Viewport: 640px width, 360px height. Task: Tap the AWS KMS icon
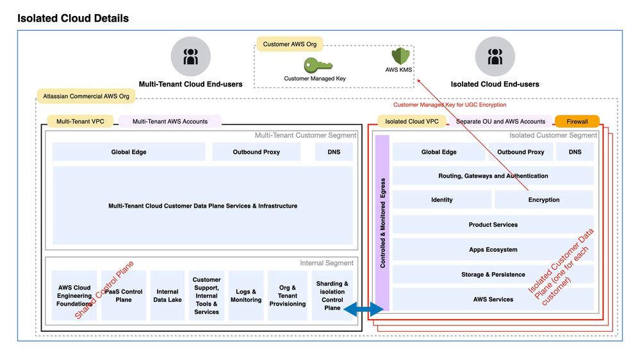click(x=400, y=56)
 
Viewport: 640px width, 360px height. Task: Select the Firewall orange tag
click(x=577, y=121)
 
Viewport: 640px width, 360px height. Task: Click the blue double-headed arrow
click(x=363, y=310)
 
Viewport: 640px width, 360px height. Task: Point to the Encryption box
click(x=544, y=200)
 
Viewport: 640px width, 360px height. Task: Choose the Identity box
click(x=441, y=200)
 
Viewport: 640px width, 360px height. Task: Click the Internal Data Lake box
click(x=167, y=295)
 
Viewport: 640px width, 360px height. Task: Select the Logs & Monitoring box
click(x=246, y=295)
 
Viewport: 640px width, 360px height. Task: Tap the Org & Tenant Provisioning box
click(x=288, y=295)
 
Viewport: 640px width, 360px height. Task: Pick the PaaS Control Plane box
click(x=124, y=295)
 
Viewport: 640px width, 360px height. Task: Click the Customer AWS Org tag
click(x=290, y=44)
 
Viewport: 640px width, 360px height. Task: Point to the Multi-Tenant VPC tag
click(x=80, y=121)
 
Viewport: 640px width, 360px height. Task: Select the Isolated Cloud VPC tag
click(x=411, y=121)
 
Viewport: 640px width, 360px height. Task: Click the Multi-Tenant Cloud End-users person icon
click(x=190, y=57)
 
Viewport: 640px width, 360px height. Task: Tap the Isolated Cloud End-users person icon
click(x=495, y=57)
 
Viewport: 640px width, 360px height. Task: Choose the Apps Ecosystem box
click(x=493, y=250)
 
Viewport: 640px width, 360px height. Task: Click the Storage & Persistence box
click(x=493, y=274)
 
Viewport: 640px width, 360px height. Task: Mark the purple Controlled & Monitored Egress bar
click(x=382, y=223)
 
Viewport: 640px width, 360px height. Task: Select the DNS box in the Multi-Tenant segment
click(x=333, y=152)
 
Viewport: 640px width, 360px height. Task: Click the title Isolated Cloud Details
click(x=73, y=18)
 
